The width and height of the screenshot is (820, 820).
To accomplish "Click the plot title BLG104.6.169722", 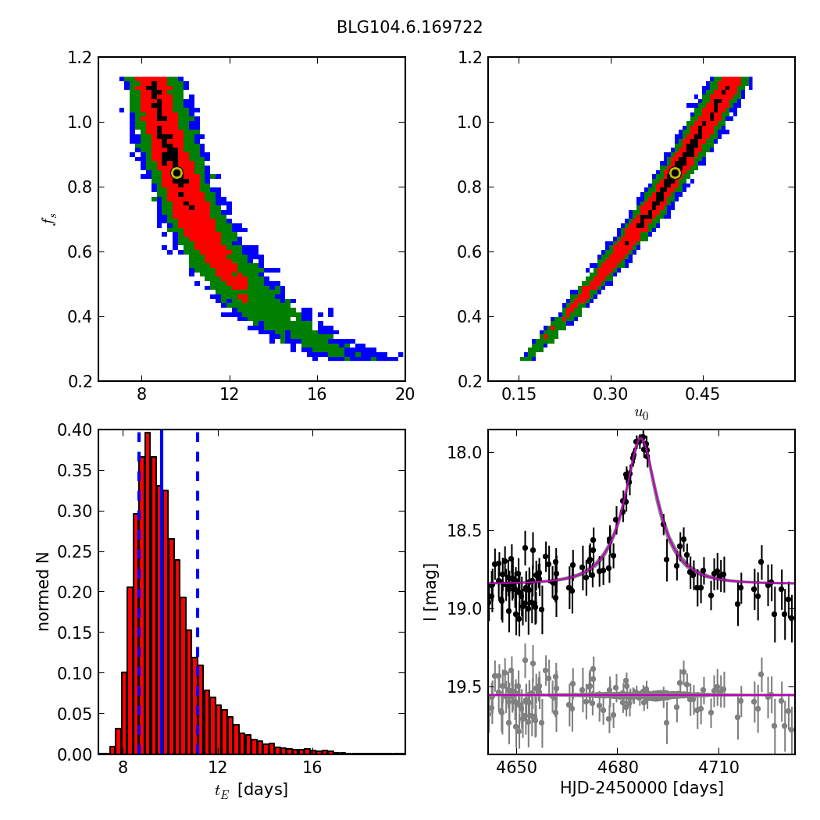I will pyautogui.click(x=409, y=27).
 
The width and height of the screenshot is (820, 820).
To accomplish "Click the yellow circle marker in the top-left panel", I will pyautogui.click(x=176, y=173).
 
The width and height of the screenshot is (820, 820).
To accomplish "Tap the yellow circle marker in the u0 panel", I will pyautogui.click(x=675, y=173).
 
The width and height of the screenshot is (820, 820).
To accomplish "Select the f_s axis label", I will pyautogui.click(x=52, y=219).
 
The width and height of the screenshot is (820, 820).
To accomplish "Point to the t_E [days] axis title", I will pyautogui.click(x=251, y=790).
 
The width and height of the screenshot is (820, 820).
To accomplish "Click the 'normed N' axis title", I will pyautogui.click(x=44, y=592).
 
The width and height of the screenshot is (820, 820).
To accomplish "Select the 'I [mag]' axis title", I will pyautogui.click(x=430, y=592).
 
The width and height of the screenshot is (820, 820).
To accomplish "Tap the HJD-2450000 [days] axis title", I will pyautogui.click(x=641, y=788).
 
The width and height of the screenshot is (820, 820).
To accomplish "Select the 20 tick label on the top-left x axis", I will pyautogui.click(x=405, y=396).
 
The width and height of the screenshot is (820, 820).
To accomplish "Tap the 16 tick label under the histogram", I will pyautogui.click(x=312, y=768).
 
